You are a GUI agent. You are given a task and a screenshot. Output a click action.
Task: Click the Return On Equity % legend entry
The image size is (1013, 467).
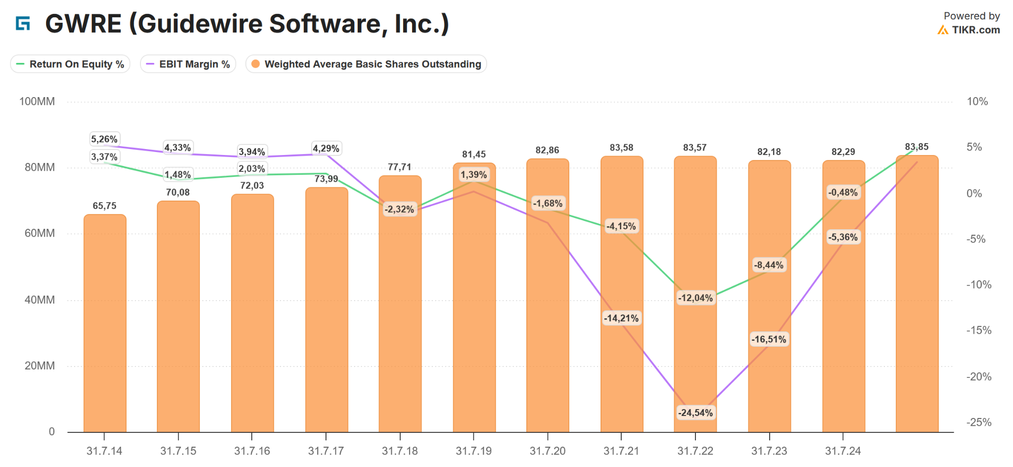pos(70,64)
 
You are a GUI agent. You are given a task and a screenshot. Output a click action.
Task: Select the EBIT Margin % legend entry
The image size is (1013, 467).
pos(188,64)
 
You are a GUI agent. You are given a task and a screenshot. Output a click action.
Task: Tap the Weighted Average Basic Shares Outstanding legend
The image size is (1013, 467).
pos(366,64)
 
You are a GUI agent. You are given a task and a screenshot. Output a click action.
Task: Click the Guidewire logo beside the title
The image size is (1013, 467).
pos(23,23)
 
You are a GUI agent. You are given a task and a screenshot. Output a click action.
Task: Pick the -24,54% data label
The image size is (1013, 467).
pos(695,413)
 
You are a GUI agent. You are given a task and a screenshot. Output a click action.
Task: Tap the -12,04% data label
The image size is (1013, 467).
pos(695,298)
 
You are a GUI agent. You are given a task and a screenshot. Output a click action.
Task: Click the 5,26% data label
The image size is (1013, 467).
pos(104,139)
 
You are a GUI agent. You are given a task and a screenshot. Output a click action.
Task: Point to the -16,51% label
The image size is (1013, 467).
pos(769,340)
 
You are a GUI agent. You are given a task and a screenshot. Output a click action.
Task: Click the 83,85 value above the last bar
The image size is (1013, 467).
pos(917,147)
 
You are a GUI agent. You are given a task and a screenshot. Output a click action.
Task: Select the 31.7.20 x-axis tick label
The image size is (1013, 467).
pos(548,451)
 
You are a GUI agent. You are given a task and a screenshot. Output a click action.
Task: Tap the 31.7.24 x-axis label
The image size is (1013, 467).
pos(843,451)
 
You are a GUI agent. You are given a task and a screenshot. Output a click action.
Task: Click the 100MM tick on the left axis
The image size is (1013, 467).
pos(37,102)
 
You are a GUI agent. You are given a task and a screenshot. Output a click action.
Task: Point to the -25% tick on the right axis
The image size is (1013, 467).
pos(979,422)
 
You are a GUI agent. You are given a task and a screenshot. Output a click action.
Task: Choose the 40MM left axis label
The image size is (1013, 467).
pos(40,300)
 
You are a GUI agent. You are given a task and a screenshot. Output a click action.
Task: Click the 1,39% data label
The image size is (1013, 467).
pos(474,175)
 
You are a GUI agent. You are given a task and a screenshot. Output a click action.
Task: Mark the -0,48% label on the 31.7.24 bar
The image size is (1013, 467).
pos(843,193)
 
